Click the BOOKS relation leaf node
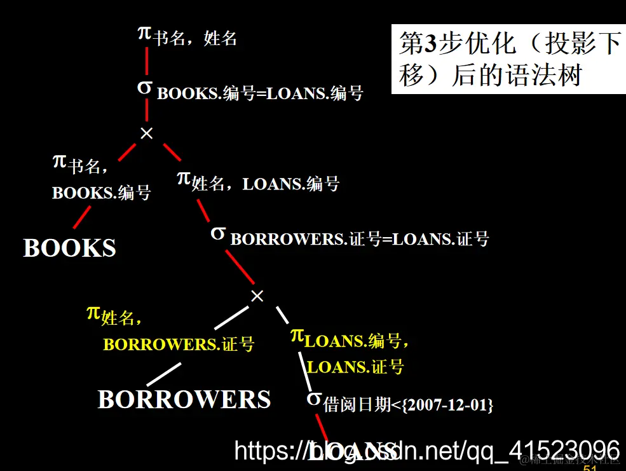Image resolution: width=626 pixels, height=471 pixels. coord(70,248)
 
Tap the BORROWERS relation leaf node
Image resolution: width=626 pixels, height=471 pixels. coord(184,399)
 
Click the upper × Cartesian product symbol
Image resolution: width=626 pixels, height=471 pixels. coord(147,133)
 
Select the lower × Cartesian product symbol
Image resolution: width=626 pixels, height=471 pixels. coord(257,296)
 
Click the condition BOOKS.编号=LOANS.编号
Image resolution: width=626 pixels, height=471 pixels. coord(260,93)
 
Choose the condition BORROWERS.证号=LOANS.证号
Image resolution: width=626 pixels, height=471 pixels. coord(360,239)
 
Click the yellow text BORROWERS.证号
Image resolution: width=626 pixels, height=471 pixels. coord(179,345)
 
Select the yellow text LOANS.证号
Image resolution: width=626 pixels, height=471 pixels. coord(355,367)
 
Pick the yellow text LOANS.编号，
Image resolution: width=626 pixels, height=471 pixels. coord(357,341)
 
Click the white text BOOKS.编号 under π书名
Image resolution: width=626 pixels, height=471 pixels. coord(102,193)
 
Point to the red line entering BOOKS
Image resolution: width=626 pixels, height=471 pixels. coord(82,217)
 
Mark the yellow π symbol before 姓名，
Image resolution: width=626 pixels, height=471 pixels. coord(93,313)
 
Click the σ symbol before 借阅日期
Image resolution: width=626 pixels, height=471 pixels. coord(313,399)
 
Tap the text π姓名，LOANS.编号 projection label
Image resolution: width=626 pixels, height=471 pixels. coord(258,182)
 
